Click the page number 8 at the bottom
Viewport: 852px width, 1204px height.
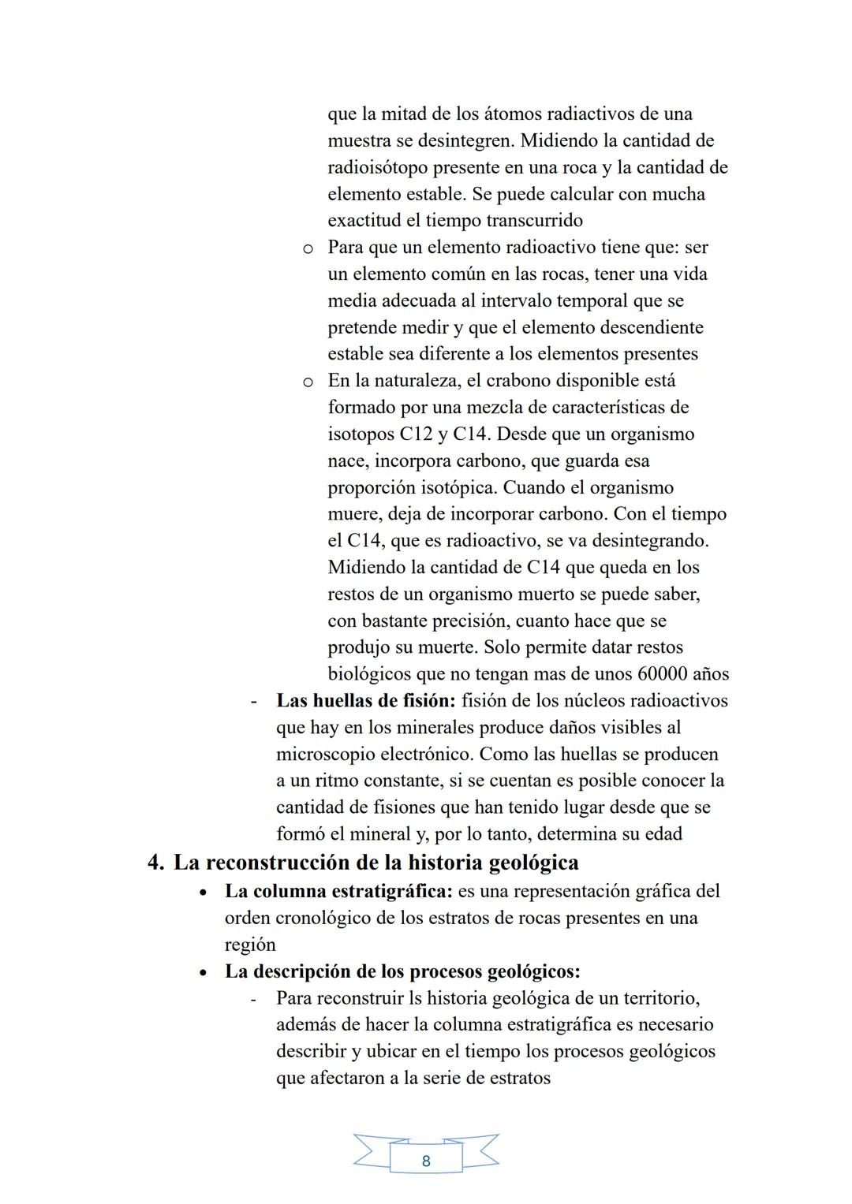(426, 1161)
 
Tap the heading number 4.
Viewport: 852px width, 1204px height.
(155, 863)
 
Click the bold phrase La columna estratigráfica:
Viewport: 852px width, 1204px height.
(338, 891)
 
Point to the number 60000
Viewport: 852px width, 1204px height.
(658, 674)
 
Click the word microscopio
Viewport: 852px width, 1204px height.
(325, 754)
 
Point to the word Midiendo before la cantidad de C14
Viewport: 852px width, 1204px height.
(367, 567)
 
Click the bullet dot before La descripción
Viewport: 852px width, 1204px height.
(204, 972)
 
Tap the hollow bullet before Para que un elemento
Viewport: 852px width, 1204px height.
(308, 248)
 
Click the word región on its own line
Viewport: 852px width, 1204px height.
(250, 945)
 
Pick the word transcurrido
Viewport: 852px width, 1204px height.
(534, 221)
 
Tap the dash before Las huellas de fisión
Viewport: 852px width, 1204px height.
(254, 701)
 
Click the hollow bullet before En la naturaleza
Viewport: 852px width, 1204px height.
(308, 382)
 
